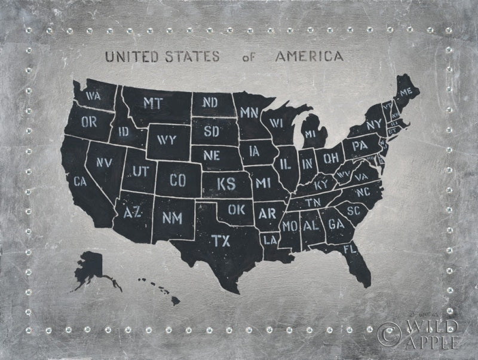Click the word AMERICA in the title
point(310,57)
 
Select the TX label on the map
point(220,240)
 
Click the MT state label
point(153,102)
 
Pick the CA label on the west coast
point(79,179)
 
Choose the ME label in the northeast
point(406,92)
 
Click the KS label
point(225,183)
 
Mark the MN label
point(249,112)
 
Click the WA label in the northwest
point(92,96)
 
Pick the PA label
point(359,145)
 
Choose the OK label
point(237,210)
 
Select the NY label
point(373,124)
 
